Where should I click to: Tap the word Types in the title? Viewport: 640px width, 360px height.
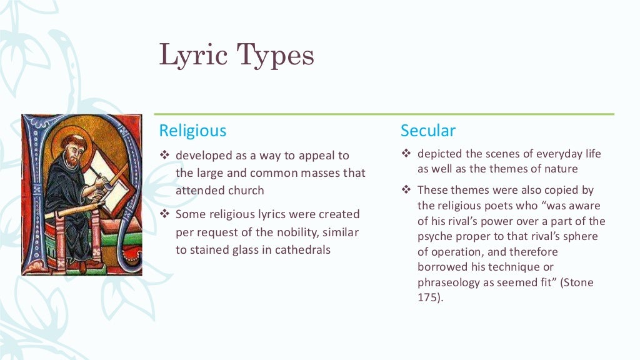point(275,56)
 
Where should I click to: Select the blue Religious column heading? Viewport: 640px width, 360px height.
point(192,131)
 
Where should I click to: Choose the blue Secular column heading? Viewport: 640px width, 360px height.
point(428,131)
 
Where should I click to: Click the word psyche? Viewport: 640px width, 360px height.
point(435,236)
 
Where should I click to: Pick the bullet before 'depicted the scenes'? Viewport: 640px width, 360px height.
point(406,154)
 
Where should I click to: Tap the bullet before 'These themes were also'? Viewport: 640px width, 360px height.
point(406,190)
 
